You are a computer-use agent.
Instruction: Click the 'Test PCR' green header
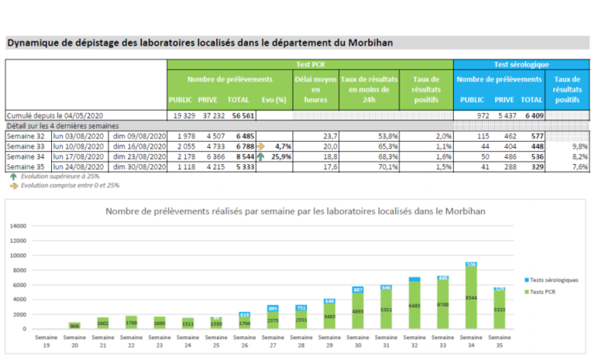point(310,64)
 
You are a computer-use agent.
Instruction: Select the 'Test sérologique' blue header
point(521,64)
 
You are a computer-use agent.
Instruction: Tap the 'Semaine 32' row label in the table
point(26,135)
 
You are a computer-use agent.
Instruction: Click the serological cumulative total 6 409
point(531,115)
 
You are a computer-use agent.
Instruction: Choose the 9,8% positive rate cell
point(568,146)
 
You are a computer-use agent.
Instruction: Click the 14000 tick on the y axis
point(18,226)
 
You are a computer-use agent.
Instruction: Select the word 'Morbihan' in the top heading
point(364,43)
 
